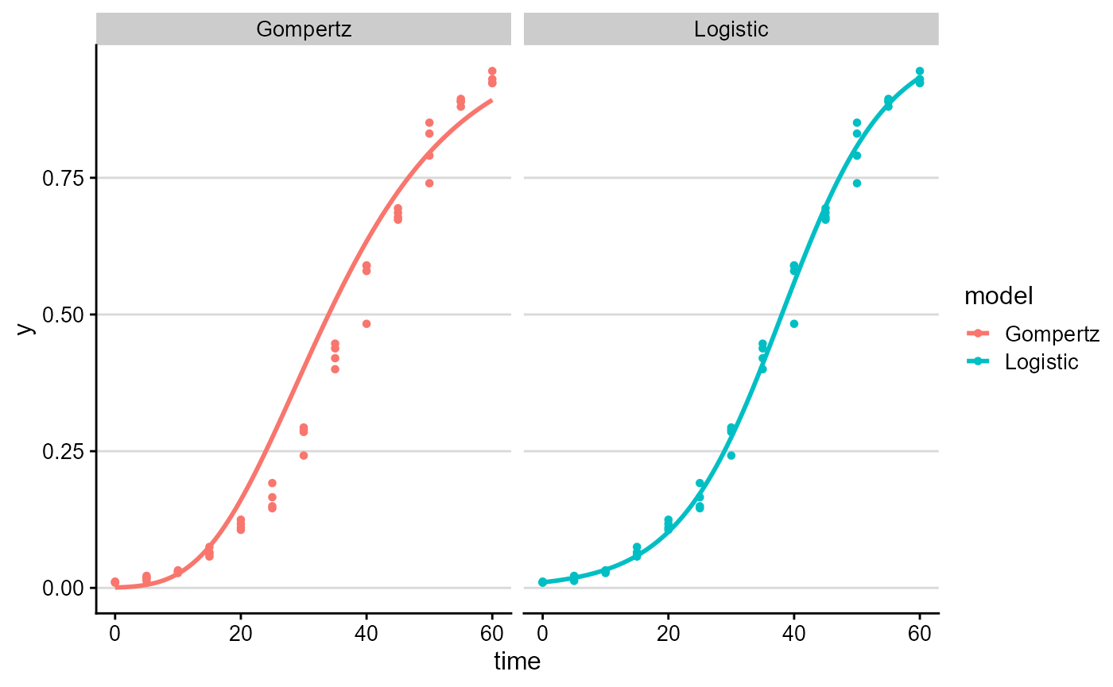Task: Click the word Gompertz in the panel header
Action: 304,29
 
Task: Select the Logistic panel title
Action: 731,29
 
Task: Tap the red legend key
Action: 978,334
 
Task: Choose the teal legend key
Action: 978,361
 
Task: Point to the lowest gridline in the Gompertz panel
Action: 304,588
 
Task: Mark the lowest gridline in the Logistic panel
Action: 731,588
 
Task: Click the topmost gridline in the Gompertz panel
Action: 304,178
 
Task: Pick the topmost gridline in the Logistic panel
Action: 731,178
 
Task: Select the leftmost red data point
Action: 115,582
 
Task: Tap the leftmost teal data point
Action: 543,582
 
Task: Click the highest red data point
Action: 492,71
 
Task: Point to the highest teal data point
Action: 920,71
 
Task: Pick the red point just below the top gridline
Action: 429,183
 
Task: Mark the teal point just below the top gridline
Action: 857,183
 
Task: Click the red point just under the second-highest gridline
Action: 366,323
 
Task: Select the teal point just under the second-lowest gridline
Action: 731,455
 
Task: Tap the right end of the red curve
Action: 492,100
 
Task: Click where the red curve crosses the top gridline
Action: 407,178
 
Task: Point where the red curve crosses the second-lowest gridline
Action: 266,451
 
